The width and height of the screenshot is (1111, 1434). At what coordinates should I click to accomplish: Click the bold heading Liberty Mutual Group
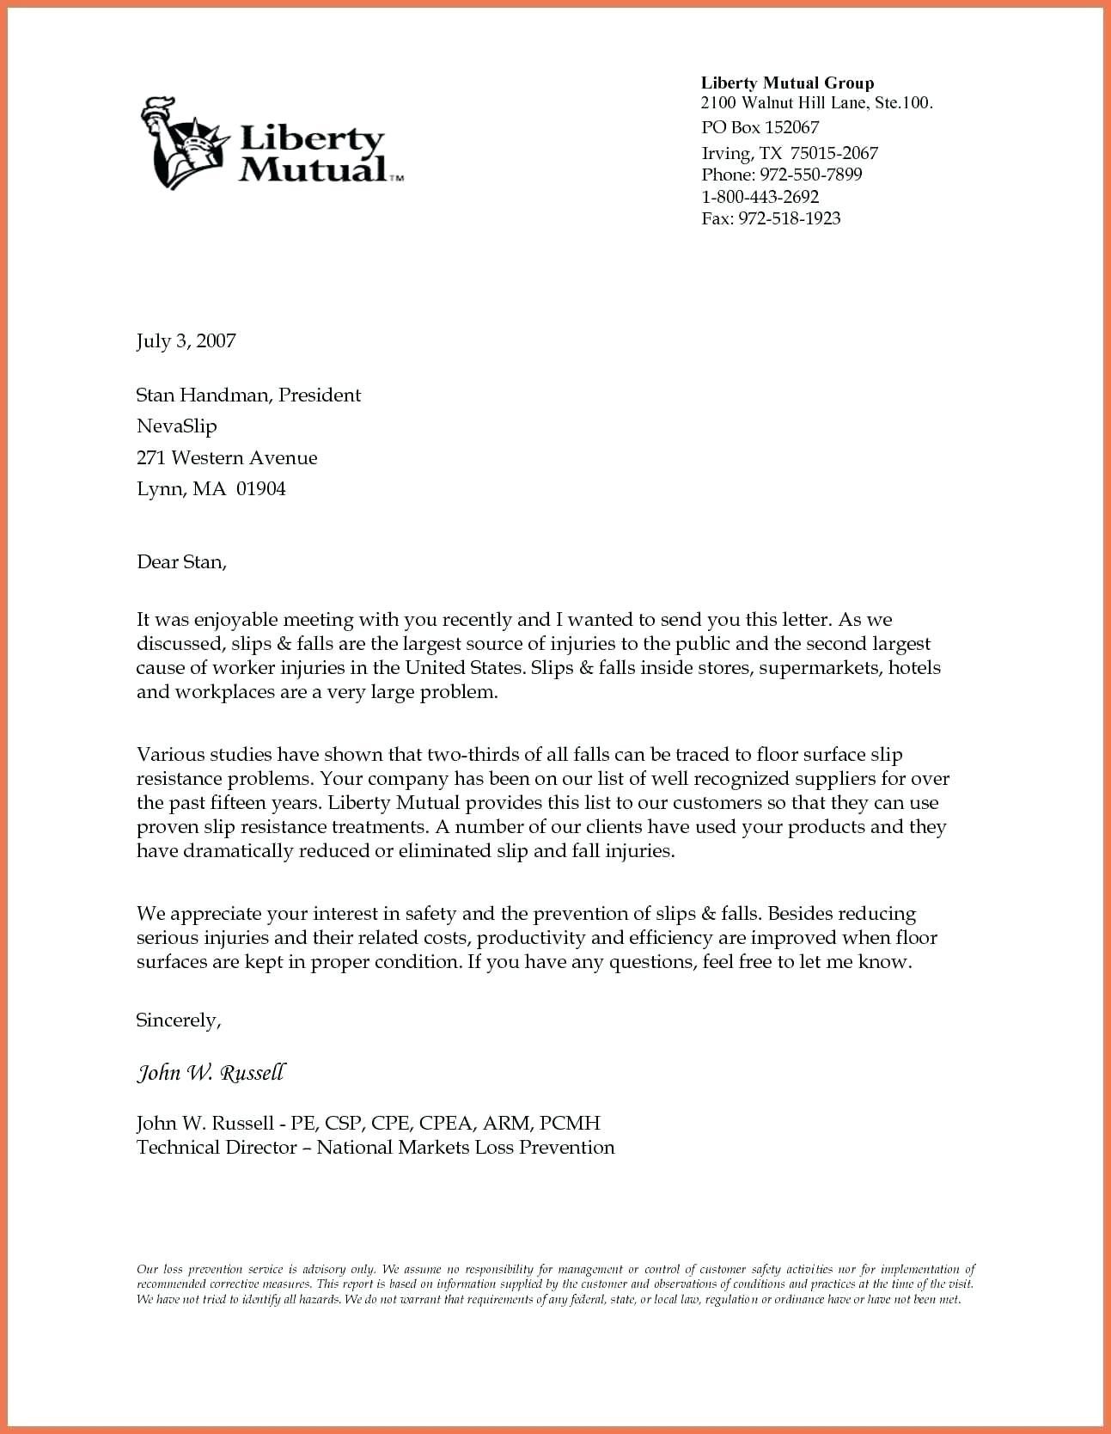(787, 83)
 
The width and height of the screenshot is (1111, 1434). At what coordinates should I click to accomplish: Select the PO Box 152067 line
(760, 128)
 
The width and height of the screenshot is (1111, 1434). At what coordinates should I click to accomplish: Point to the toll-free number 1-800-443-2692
(760, 197)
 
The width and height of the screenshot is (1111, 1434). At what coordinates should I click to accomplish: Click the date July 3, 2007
(186, 341)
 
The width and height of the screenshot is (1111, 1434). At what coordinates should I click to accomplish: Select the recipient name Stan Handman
(204, 395)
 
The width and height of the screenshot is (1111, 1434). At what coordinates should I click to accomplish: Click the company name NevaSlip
(176, 426)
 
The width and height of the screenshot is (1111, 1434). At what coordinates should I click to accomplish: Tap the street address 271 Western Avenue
(227, 458)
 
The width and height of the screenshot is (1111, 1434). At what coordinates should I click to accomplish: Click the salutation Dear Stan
(181, 563)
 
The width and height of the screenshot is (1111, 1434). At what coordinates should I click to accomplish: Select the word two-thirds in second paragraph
(473, 756)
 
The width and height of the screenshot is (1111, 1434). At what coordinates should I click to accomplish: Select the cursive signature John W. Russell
(211, 1073)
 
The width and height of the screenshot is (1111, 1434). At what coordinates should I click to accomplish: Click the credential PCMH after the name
(571, 1124)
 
